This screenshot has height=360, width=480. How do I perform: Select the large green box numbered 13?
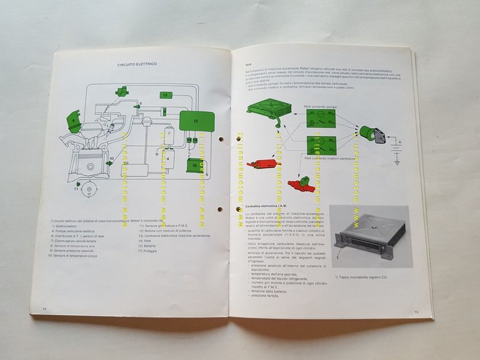click(196, 119)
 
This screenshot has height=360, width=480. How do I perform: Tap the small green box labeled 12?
click(165, 95)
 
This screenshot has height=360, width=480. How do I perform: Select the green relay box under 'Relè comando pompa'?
click(320, 117)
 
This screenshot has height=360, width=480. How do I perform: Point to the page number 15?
click(416, 311)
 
